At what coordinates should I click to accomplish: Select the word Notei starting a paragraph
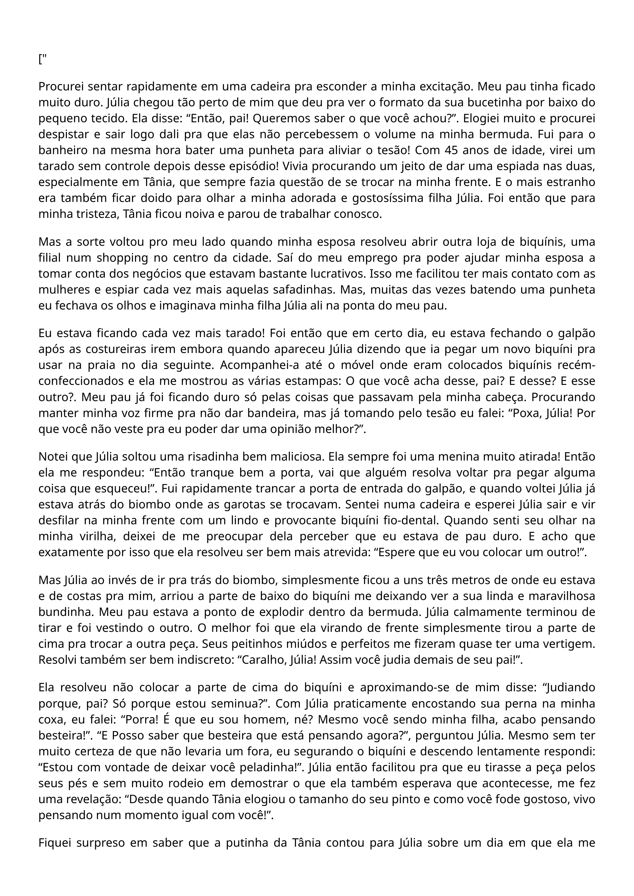pyautogui.click(x=53, y=457)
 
